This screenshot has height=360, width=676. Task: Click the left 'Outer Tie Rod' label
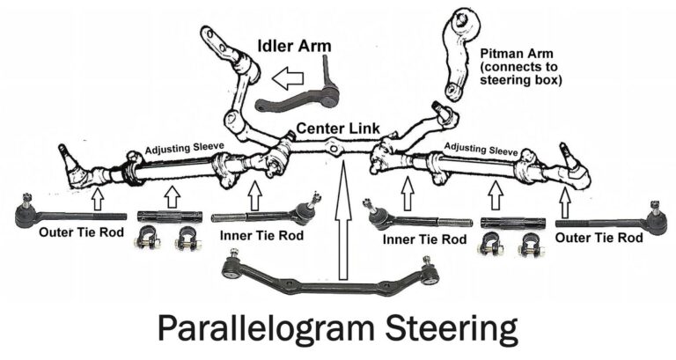74,235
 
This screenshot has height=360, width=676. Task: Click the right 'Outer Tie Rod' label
599,237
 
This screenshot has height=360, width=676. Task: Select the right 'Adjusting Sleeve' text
480,147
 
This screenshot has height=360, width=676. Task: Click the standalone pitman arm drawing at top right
459,53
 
